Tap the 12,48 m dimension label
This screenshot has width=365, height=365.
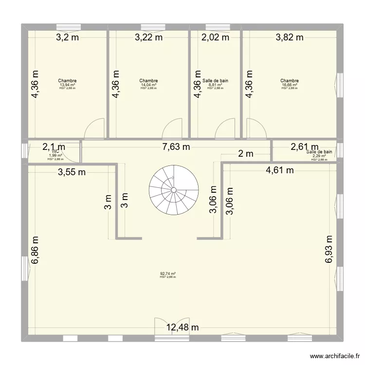point(183,328)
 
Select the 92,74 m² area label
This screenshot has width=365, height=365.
point(168,274)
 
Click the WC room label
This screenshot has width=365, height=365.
point(55,151)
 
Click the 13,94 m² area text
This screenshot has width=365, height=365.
point(67,85)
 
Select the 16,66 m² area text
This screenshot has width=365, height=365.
point(290,85)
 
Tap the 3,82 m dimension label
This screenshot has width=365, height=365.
point(290,37)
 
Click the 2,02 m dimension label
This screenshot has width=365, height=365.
point(215,37)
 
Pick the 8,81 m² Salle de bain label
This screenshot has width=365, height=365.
point(215,84)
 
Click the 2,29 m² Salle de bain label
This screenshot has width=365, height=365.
point(319,154)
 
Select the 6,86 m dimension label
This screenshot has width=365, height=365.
point(35,250)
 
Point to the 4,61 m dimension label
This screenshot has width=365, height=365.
point(280,170)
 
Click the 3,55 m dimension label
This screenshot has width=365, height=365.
point(72,171)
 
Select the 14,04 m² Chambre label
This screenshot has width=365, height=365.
point(148,85)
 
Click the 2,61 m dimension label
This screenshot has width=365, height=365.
point(305,146)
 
